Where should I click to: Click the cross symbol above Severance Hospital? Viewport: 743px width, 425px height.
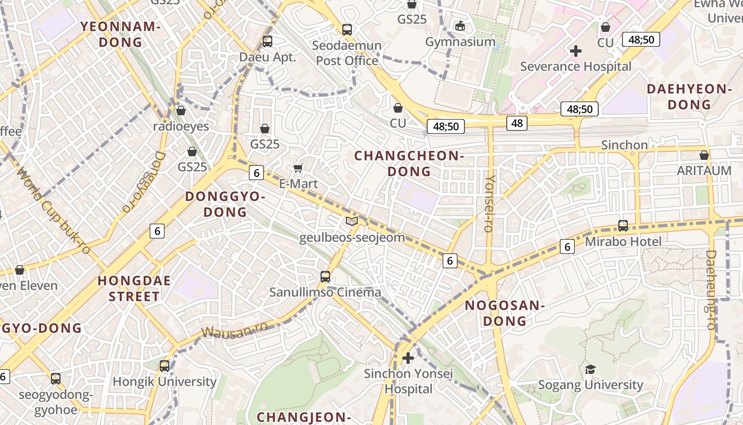[576, 51]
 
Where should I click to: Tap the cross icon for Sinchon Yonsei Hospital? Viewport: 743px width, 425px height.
[408, 358]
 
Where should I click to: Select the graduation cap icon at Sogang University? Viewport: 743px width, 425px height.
[590, 369]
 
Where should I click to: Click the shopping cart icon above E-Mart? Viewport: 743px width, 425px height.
[298, 168]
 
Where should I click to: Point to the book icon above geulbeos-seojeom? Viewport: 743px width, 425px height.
[351, 221]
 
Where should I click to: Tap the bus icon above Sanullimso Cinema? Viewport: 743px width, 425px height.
[325, 276]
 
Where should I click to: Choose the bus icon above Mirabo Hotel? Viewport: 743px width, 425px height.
[623, 225]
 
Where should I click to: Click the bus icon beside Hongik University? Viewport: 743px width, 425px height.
[165, 365]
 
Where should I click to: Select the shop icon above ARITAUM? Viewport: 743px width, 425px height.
[704, 155]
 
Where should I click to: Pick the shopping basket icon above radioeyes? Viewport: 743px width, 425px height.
[180, 110]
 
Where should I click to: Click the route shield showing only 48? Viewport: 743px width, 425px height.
[516, 123]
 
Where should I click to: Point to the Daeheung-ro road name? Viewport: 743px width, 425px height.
[711, 290]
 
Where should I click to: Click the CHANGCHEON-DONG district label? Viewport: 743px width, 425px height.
[409, 163]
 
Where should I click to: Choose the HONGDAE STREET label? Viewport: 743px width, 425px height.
[134, 288]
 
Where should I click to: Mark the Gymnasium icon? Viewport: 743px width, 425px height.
[460, 25]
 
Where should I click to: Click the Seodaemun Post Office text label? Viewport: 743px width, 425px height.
[347, 53]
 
